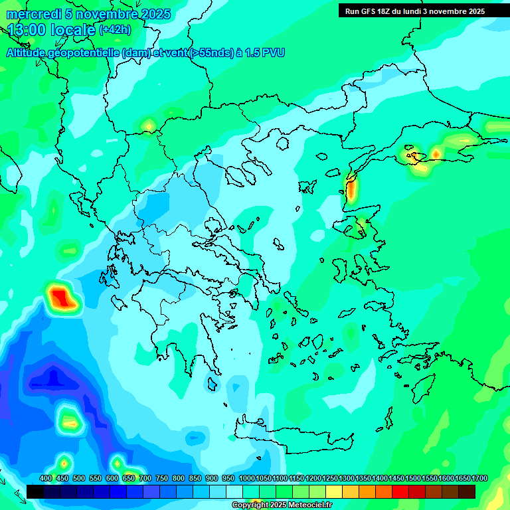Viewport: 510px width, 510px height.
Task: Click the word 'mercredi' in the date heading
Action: (30, 15)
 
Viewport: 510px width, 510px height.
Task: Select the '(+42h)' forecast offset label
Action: (115, 30)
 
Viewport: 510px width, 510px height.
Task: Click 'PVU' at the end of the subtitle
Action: (274, 52)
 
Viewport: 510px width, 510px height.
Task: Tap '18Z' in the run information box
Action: (401, 11)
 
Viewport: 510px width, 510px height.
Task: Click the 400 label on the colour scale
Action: (46, 478)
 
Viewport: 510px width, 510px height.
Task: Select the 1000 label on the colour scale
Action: (246, 478)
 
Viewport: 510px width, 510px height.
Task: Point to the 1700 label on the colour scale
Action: (480, 478)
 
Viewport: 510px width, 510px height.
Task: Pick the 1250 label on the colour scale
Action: (330, 478)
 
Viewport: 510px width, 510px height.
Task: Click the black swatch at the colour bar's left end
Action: (35, 491)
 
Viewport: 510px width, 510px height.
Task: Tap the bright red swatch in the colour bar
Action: (400, 491)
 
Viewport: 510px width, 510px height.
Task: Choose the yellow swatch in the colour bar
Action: (334, 491)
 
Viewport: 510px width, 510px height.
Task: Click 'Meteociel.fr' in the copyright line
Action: (303, 505)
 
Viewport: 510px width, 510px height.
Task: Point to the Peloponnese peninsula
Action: (183, 332)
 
